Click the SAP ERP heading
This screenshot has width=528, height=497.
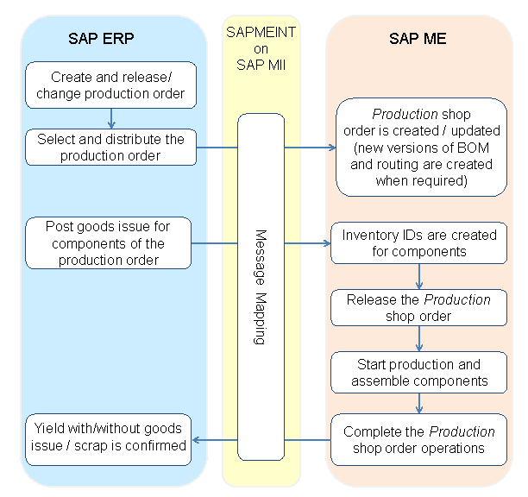point(101,39)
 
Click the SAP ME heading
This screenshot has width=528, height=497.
point(418,39)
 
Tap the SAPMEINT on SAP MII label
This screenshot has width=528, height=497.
point(261,48)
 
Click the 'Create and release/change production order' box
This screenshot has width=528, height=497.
point(110,85)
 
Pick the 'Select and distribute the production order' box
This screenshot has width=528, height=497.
point(110,148)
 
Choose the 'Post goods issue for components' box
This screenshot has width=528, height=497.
point(108,243)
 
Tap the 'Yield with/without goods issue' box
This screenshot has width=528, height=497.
point(108,437)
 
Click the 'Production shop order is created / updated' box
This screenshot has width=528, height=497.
point(420,148)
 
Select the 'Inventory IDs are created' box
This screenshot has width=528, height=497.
point(419,243)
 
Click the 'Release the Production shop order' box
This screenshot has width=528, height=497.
point(418,308)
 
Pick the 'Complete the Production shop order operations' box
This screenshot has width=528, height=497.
point(418,439)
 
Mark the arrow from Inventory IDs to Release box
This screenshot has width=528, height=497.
point(419,276)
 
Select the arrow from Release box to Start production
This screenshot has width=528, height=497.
point(419,340)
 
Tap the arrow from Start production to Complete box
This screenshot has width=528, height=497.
point(419,405)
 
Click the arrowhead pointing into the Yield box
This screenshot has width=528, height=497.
point(197,439)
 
